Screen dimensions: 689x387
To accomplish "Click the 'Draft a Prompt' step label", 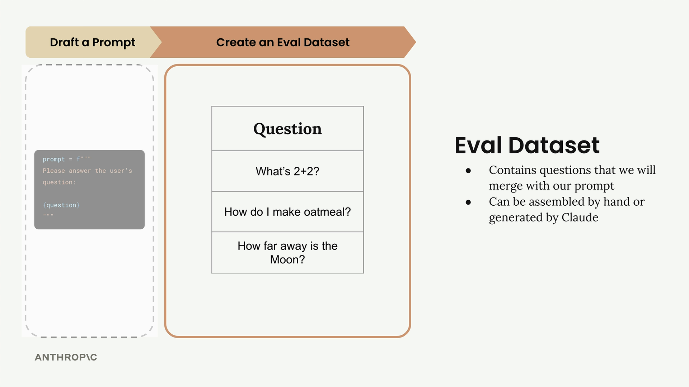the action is click(93, 42).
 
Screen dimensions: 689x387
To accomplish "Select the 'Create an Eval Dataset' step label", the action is click(283, 42).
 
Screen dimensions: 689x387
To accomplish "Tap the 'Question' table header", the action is click(287, 129).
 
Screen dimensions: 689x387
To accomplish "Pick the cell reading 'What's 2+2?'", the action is click(287, 171).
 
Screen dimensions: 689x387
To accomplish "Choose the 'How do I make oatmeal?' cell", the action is click(287, 212).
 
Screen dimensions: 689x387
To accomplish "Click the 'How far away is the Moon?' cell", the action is click(287, 253).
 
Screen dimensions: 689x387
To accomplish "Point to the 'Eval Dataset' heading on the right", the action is click(527, 145).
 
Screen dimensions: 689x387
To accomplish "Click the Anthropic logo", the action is click(66, 357).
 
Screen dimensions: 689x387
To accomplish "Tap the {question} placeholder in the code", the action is click(61, 205).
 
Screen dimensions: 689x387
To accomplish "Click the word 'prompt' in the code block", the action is click(54, 159).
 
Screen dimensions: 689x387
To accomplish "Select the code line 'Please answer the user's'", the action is click(87, 171).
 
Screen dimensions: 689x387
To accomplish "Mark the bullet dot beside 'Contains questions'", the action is click(468, 171).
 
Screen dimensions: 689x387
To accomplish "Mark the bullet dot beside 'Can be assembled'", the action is click(468, 202).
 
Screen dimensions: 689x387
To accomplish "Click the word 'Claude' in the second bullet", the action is click(580, 217).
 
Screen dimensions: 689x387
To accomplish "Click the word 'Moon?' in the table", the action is click(287, 259).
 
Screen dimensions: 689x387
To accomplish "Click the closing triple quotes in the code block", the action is click(48, 215).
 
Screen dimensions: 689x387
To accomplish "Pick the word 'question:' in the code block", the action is click(59, 182).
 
